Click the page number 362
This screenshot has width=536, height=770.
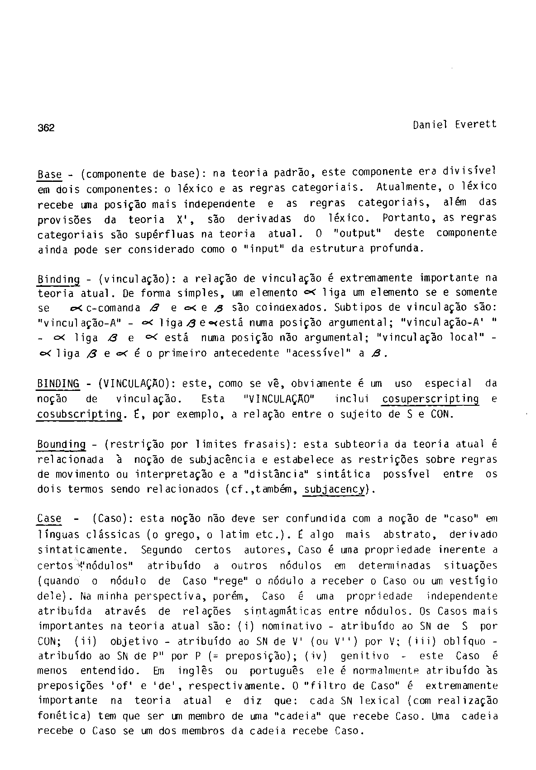(45, 128)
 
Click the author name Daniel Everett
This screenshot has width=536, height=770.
(455, 124)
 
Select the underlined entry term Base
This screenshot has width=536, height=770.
(49, 174)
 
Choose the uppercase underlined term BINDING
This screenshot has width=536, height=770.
(58, 384)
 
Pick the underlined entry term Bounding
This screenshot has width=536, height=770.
(61, 445)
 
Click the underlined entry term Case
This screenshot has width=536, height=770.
(49, 518)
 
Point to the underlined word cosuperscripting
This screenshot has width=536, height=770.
(430, 399)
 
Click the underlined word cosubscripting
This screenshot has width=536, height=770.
(80, 414)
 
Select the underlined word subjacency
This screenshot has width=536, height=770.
(335, 490)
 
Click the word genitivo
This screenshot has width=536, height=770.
(364, 656)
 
